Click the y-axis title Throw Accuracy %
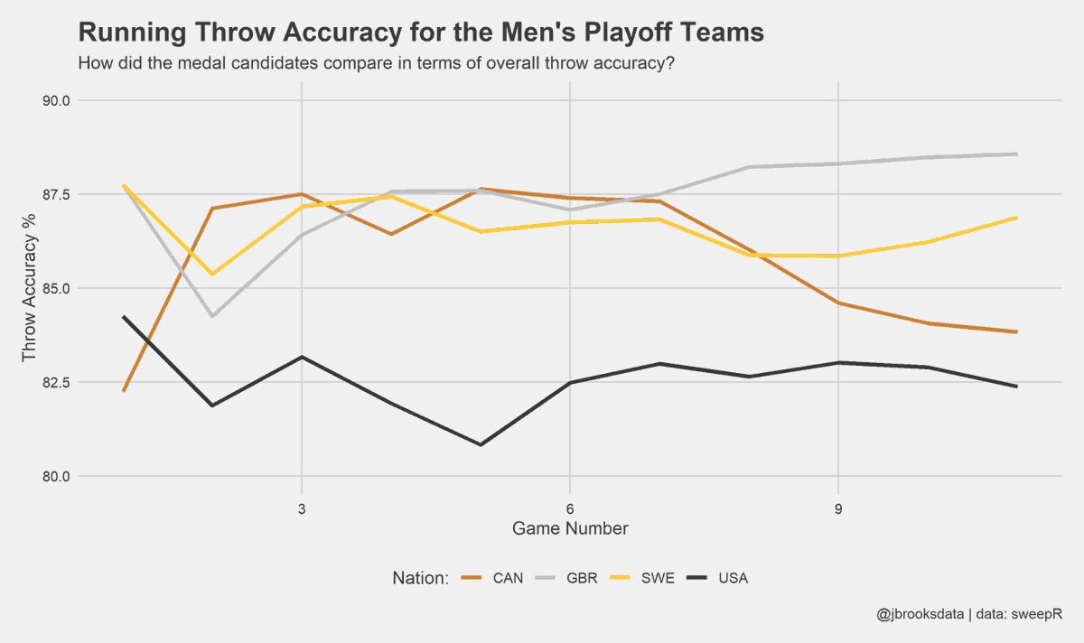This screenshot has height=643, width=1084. pos(30,288)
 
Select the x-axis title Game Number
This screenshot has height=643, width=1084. pos(570,528)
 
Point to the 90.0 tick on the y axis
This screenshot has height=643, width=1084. pos(58,100)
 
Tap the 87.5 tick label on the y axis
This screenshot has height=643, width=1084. pos(58,194)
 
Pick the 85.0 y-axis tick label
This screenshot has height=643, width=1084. pos(58,288)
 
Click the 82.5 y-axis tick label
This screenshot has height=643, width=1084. pos(58,382)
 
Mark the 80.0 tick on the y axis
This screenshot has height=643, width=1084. pos(58,476)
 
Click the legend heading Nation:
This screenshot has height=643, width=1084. pos(420,578)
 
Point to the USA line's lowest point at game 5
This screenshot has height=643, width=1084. pos(481,444)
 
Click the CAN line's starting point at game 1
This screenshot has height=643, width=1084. pos(124,390)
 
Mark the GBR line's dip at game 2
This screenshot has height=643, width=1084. pos(212,316)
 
